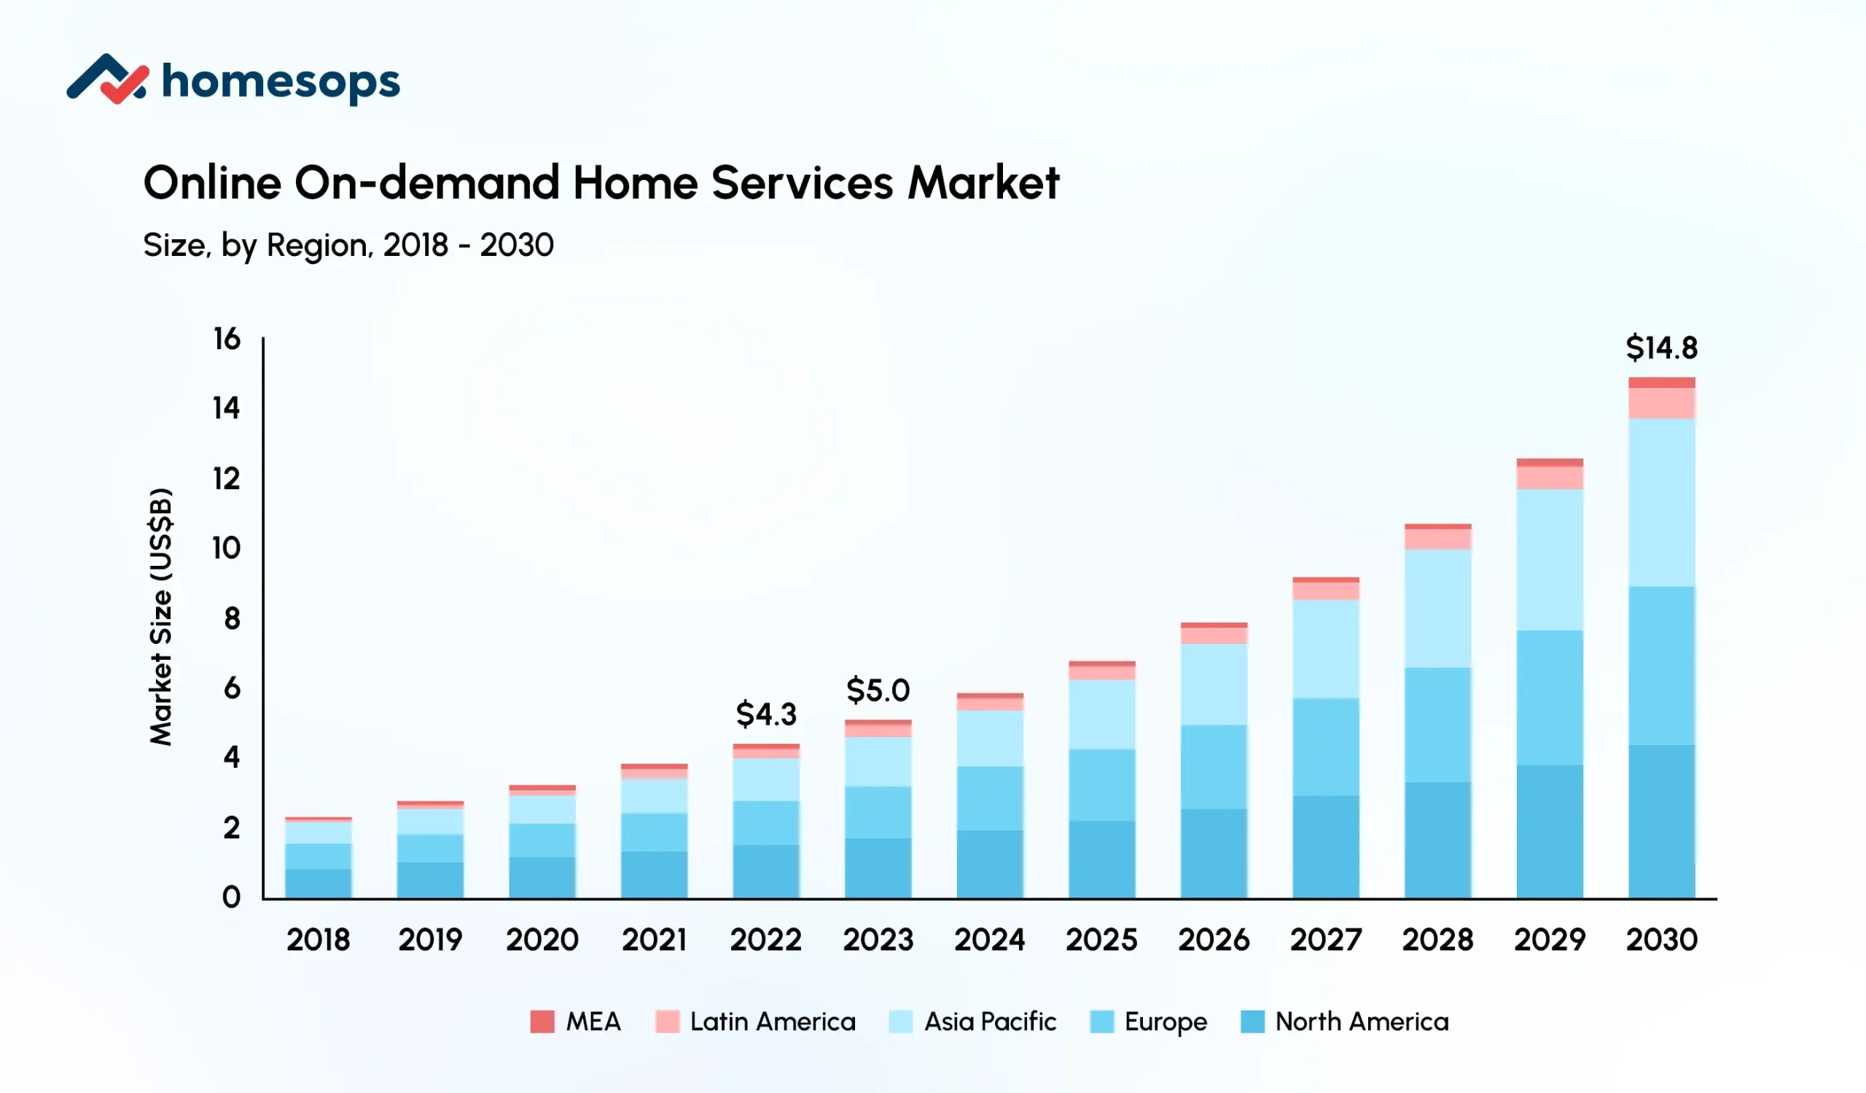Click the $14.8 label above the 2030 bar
click(1661, 347)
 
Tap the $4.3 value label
click(765, 714)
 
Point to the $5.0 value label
click(878, 691)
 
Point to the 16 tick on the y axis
click(227, 339)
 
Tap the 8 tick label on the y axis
click(232, 618)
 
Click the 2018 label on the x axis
click(318, 940)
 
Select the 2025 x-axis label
click(1101, 940)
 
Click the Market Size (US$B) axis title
click(160, 616)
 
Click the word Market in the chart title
click(983, 182)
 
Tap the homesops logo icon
click(107, 79)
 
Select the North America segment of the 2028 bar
click(1437, 840)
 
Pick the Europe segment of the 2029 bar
click(1549, 697)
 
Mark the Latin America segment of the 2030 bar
click(1661, 402)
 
